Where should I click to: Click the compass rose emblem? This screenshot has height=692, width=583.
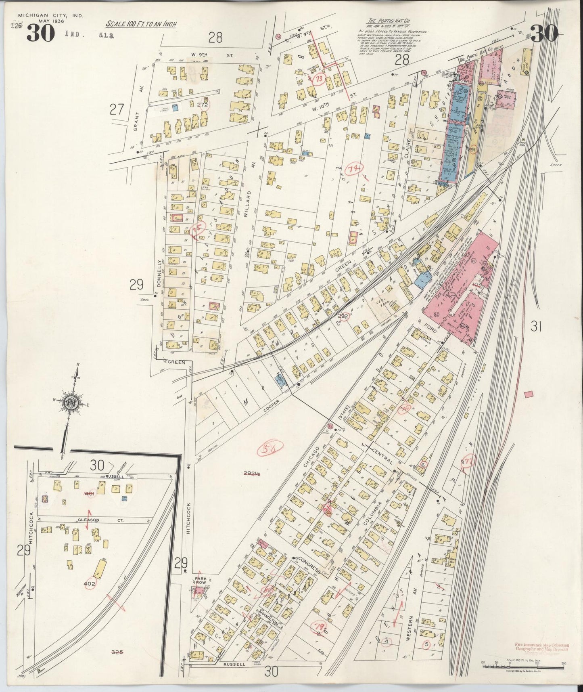(73, 403)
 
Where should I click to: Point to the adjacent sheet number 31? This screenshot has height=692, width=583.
(535, 326)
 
